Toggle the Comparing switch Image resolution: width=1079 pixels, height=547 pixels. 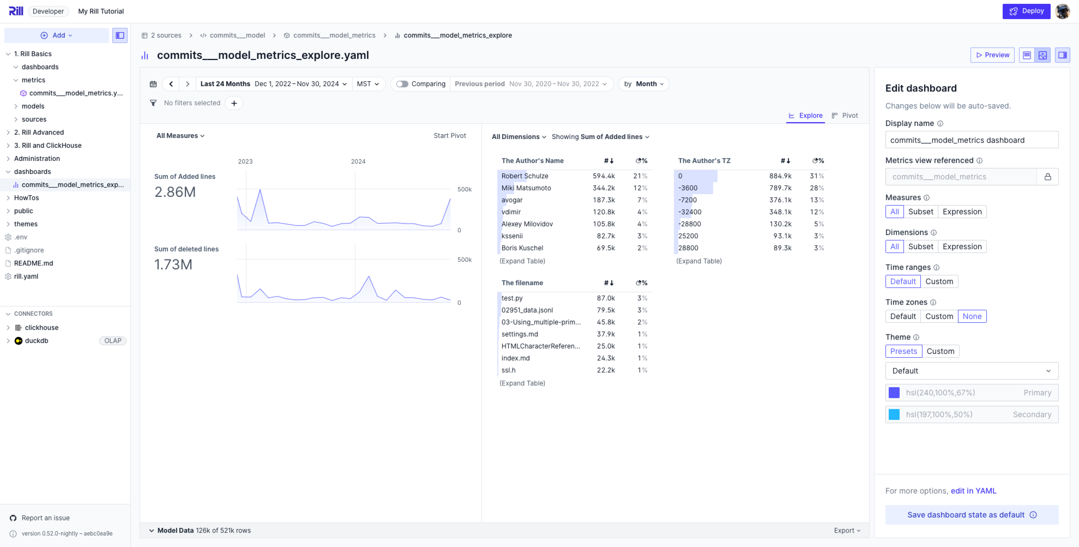(x=402, y=84)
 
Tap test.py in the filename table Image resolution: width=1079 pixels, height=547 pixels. (x=512, y=298)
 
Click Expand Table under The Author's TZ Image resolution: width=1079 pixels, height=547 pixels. (x=699, y=261)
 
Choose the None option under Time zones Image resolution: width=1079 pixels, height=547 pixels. (x=972, y=316)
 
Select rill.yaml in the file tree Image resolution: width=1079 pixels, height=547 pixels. (x=26, y=276)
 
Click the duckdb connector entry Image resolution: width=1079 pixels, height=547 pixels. (x=36, y=340)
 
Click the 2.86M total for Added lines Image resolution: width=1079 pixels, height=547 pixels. (x=175, y=192)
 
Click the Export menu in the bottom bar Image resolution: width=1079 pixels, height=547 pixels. (x=847, y=530)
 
